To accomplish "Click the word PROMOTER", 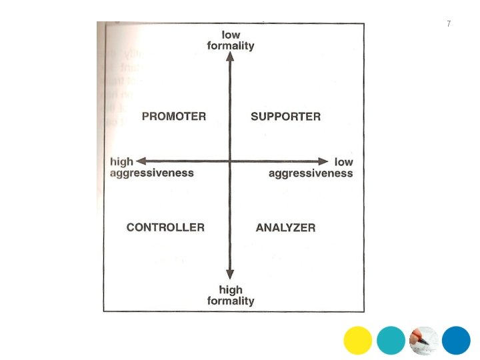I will click(174, 117).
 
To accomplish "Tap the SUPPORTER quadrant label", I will click(285, 117).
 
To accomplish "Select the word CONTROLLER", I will click(165, 227).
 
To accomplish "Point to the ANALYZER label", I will click(285, 228).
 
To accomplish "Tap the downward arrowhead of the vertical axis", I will click(230, 273).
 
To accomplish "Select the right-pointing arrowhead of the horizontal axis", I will click(323, 161).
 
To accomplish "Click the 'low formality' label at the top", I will click(231, 40).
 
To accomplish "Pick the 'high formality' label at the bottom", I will click(231, 295).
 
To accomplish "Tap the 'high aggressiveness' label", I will click(152, 167).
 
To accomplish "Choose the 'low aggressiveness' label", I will click(311, 167).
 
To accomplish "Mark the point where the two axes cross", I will click(230, 161).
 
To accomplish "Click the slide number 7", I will click(449, 24).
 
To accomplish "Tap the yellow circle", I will click(358, 341).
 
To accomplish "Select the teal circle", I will click(391, 341).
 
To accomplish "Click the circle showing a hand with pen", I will click(423, 341).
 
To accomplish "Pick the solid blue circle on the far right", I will click(456, 341).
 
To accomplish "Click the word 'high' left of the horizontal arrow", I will click(122, 162).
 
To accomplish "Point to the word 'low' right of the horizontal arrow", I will click(343, 162).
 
